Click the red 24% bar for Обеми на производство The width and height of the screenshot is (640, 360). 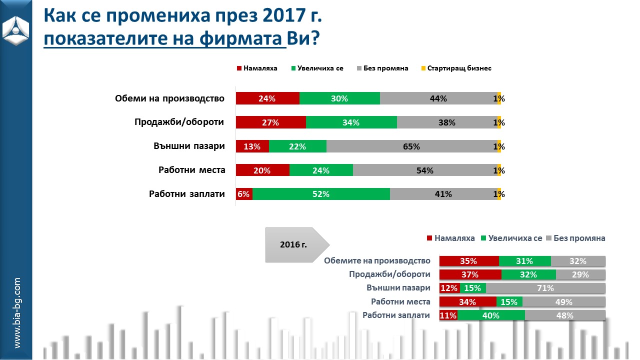click(x=267, y=98)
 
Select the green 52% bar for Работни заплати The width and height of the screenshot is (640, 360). click(x=321, y=194)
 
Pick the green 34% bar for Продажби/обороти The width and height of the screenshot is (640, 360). click(x=351, y=122)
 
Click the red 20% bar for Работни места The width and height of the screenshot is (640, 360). click(x=262, y=170)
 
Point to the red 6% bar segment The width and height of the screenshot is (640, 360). click(x=244, y=194)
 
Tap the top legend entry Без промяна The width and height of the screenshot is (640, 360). click(x=383, y=68)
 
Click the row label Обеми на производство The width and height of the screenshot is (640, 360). click(x=169, y=98)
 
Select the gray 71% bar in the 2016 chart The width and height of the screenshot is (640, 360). click(x=545, y=288)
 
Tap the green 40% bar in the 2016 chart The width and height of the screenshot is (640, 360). click(x=491, y=315)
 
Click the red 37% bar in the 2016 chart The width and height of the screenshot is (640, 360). click(x=470, y=274)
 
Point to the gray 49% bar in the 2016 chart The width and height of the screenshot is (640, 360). click(x=564, y=302)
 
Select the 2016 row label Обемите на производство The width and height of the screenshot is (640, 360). click(x=377, y=260)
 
